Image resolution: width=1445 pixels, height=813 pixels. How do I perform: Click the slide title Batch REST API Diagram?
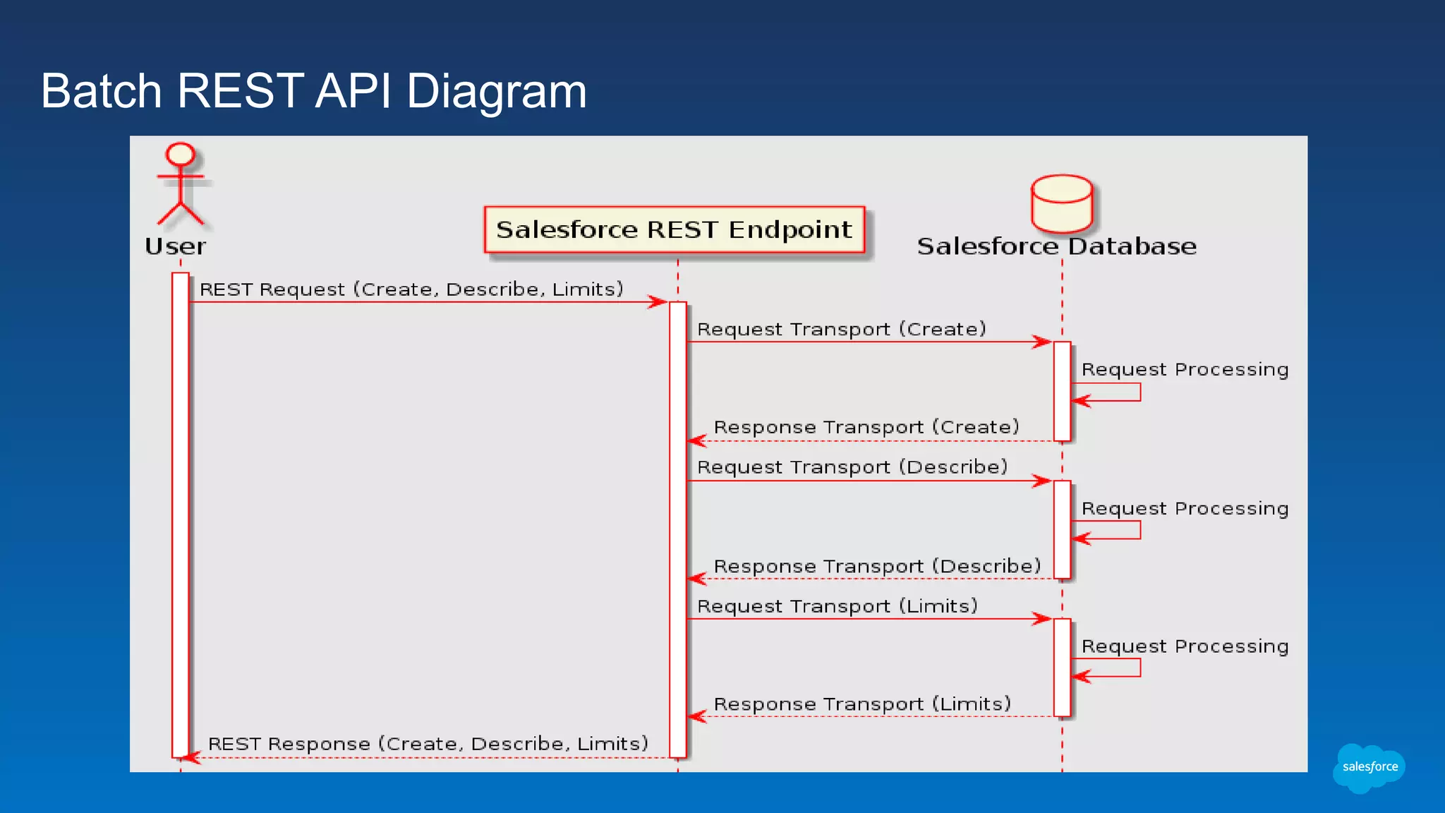[313, 91]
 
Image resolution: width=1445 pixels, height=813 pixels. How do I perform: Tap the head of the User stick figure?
[180, 154]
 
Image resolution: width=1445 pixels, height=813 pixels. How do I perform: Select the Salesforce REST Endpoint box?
[674, 229]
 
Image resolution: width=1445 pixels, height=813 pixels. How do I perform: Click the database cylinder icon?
[1061, 203]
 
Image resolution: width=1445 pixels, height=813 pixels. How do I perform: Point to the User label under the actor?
[175, 246]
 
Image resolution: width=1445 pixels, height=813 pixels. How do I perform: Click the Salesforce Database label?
[1056, 246]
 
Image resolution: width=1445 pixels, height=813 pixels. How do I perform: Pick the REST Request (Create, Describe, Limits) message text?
[411, 289]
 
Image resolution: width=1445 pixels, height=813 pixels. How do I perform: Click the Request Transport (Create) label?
[841, 330]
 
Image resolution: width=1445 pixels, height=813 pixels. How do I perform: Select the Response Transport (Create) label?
[866, 427]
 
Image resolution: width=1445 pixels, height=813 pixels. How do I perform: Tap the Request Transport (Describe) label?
[852, 467]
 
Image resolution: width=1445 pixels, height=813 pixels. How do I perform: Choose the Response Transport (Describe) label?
[877, 566]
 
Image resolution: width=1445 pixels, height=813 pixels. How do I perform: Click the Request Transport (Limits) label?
[838, 606]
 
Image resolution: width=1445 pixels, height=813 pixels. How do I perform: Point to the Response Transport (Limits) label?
[862, 704]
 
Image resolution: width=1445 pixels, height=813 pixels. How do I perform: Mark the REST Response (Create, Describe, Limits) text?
[428, 744]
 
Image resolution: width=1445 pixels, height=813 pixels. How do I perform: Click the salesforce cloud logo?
[1369, 767]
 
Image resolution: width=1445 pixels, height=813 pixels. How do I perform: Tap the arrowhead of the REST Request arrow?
[659, 302]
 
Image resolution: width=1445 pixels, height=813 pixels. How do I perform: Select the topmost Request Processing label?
[1185, 370]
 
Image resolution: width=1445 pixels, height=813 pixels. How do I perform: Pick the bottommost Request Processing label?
[1185, 646]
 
